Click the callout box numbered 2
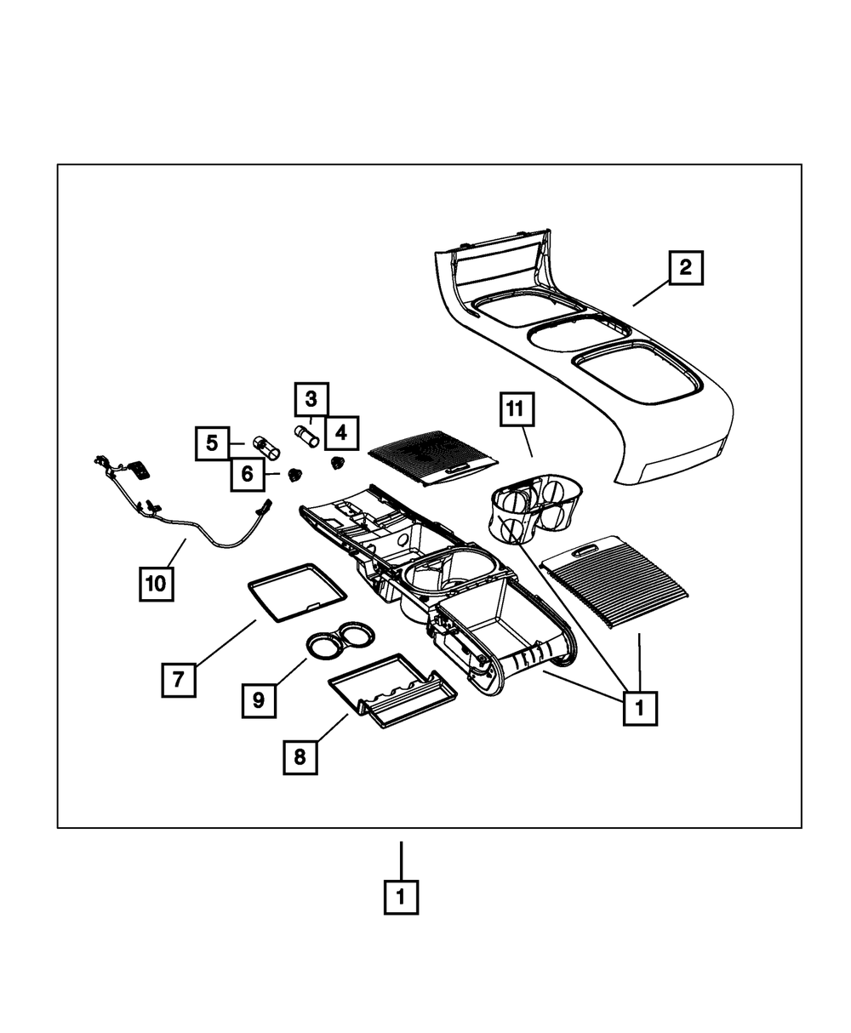point(686,268)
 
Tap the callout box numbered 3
point(311,397)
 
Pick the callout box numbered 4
point(340,433)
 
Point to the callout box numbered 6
point(247,474)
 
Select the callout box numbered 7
point(179,680)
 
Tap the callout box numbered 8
point(300,756)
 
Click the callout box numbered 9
point(259,699)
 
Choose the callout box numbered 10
point(157,584)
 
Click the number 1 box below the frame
point(401,897)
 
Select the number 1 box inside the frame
point(640,706)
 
